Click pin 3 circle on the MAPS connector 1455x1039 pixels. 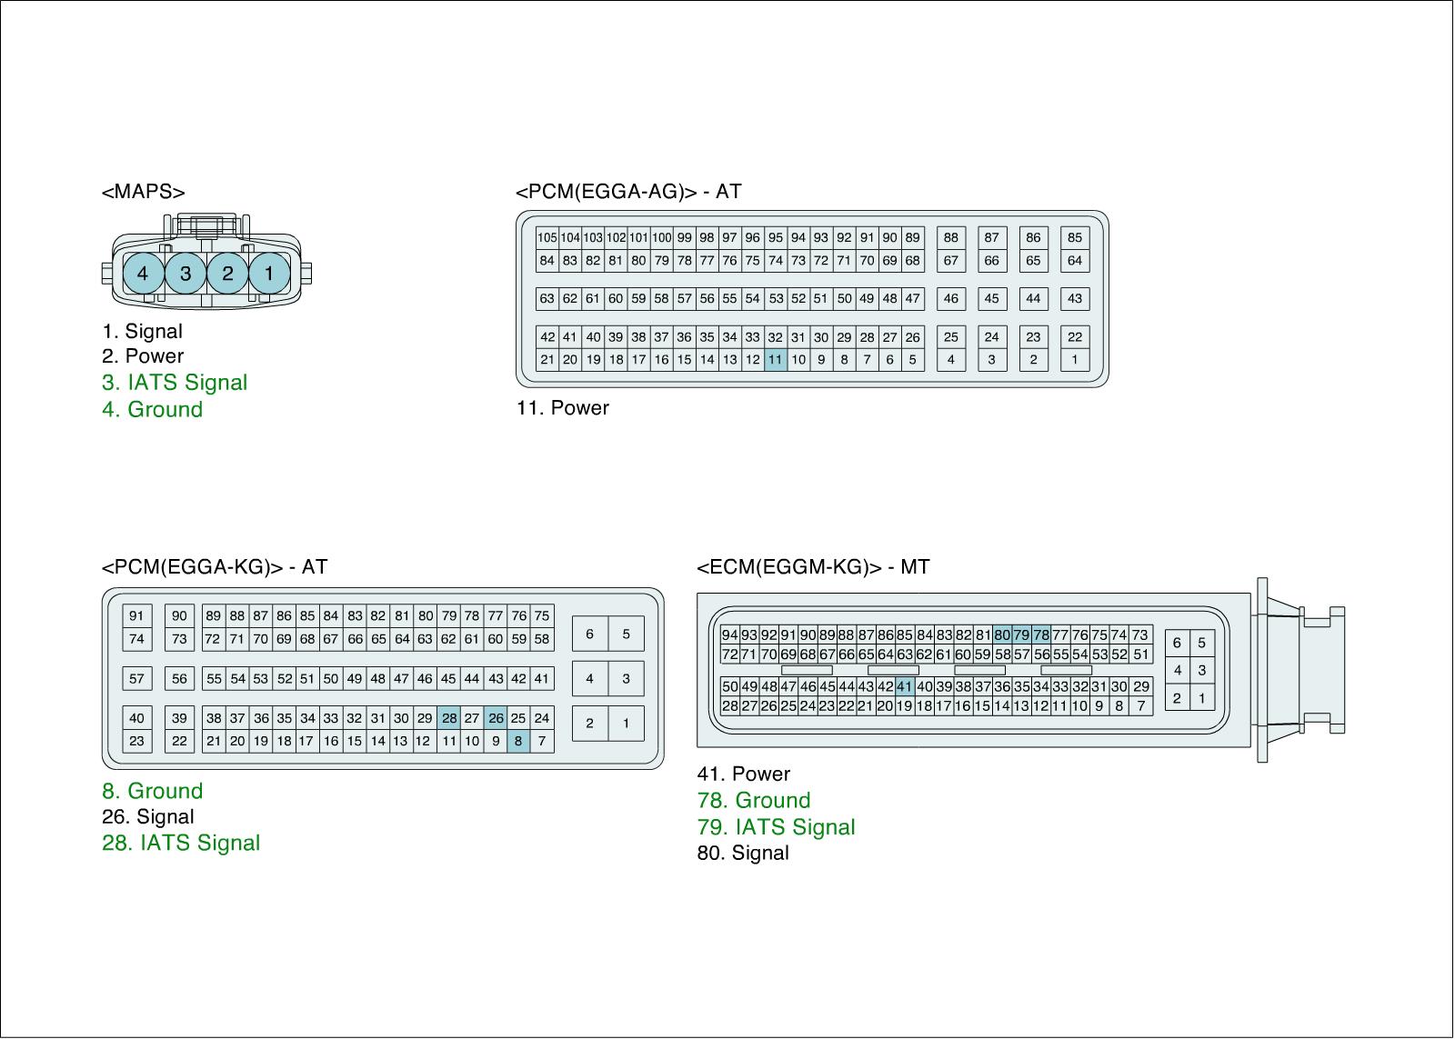(186, 273)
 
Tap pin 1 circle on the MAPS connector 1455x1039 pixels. (269, 273)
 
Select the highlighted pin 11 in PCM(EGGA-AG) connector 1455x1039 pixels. (775, 359)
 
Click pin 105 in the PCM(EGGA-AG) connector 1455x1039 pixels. (547, 238)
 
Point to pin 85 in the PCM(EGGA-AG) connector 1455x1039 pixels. (1075, 238)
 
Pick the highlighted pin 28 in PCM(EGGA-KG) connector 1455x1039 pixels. (449, 718)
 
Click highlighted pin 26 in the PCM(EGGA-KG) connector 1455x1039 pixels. (496, 718)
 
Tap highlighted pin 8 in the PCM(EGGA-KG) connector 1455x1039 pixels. (518, 741)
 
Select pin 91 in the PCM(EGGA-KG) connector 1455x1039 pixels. (136, 615)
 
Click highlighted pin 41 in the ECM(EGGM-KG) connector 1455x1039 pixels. (904, 686)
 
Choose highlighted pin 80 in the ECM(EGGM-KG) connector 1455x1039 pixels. (1002, 634)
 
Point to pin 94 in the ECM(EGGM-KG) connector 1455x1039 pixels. (730, 634)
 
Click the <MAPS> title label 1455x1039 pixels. (144, 192)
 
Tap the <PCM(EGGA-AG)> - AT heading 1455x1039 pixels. (628, 192)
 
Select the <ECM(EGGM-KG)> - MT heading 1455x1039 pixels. (813, 567)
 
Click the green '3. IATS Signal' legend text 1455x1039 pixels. (175, 383)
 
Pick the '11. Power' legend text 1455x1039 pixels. (563, 408)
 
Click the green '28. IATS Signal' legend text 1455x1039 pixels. (181, 843)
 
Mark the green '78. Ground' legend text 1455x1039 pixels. (754, 801)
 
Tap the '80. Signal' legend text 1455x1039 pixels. (743, 853)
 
